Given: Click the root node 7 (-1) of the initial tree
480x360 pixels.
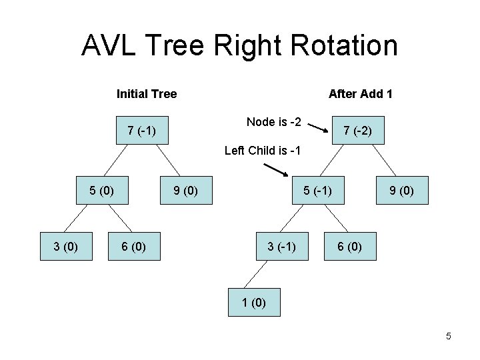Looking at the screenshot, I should point(141,130).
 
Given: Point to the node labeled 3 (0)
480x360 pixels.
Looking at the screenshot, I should point(66,246).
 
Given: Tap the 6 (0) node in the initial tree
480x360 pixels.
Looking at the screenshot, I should point(134,246).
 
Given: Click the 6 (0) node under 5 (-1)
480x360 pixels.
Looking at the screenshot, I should point(350,246).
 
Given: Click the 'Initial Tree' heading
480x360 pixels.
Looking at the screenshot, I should point(147,94).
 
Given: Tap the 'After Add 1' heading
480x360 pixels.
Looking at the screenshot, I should point(360,94).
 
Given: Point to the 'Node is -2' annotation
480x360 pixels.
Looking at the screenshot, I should point(273,121).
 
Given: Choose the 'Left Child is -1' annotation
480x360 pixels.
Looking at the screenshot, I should point(263,150).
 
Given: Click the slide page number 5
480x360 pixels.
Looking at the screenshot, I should point(448,336).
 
